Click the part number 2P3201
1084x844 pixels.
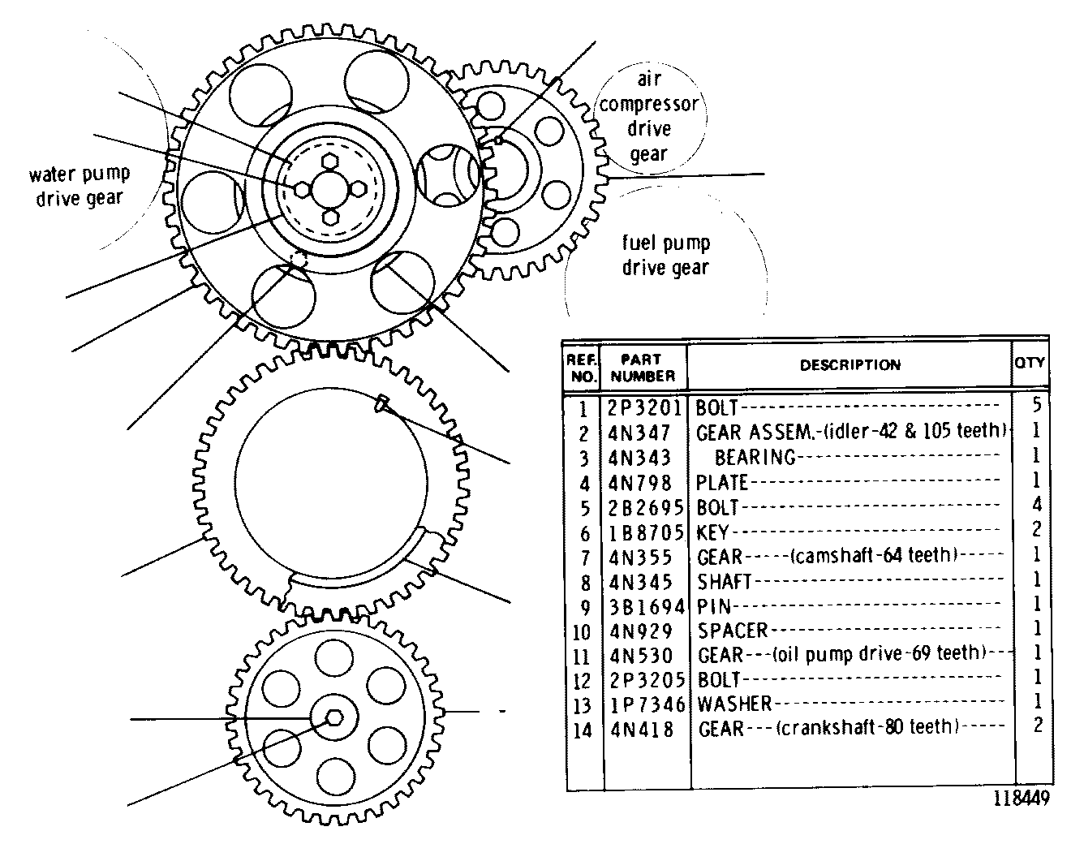tap(644, 408)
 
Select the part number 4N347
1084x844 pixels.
tap(639, 433)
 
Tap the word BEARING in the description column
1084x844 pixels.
tap(755, 457)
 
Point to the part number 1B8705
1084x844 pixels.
tap(646, 532)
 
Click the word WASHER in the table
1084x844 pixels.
tap(734, 704)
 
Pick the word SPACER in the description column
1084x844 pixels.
tap(733, 631)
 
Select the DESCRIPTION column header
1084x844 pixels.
tap(850, 364)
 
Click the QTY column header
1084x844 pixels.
tap(1030, 363)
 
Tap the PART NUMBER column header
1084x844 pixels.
tap(643, 367)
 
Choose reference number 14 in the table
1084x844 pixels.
tap(582, 730)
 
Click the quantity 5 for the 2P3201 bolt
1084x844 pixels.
tap(1037, 404)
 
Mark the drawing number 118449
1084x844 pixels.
tap(1022, 798)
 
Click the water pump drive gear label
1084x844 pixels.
tap(80, 186)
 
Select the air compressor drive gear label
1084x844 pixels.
tap(648, 116)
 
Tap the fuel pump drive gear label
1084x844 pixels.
tap(665, 255)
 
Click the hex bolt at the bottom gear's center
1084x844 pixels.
tap(334, 717)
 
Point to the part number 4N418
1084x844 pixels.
tap(642, 730)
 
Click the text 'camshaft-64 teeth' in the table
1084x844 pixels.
tap(874, 554)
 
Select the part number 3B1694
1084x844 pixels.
tap(647, 606)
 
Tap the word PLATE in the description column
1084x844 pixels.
tap(721, 482)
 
